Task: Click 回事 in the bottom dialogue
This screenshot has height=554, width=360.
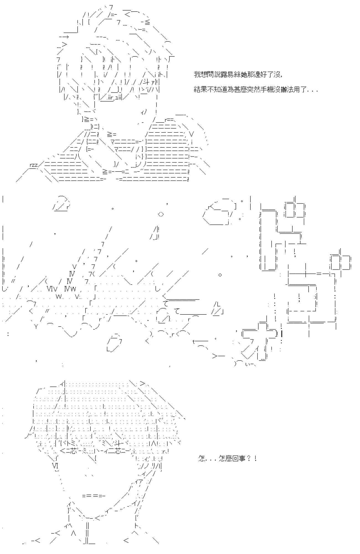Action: coord(239,458)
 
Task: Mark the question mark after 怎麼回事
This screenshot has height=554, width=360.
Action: coord(248,458)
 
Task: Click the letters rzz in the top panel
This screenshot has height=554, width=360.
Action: coord(33,165)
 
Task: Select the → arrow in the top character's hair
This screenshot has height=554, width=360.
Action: coord(64,37)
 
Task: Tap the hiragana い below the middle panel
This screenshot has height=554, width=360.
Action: coord(248,364)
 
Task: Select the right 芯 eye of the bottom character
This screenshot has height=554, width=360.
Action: coord(116,451)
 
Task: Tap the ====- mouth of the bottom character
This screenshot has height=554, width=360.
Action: coord(94,496)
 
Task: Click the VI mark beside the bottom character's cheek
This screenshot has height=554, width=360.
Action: coord(55,465)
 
